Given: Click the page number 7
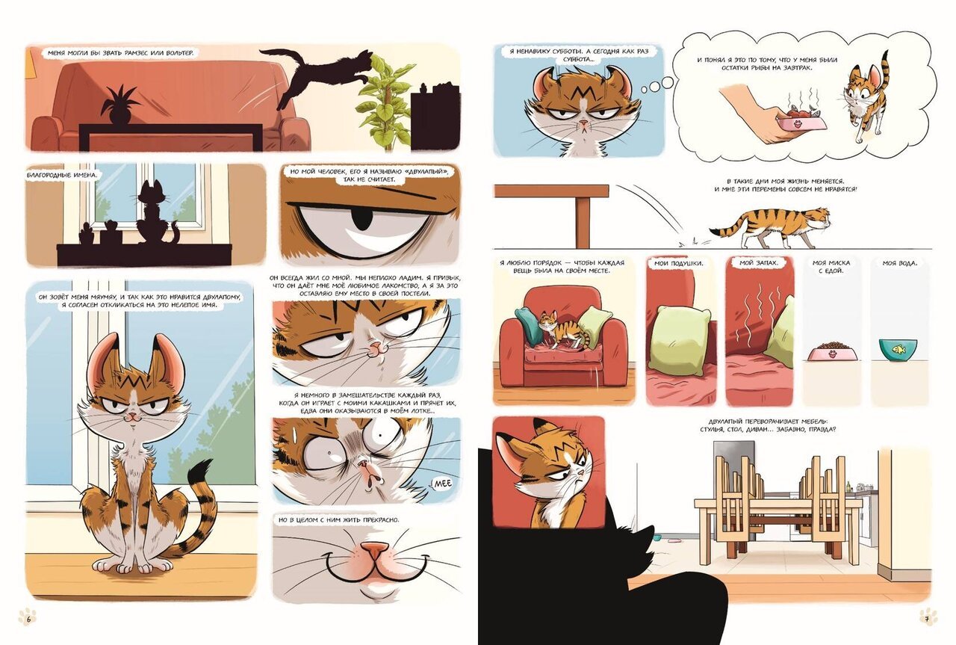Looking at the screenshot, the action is [x=927, y=619].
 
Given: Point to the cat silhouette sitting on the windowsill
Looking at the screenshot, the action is [x=157, y=214].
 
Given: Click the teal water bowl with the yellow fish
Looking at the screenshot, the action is [x=897, y=349].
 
